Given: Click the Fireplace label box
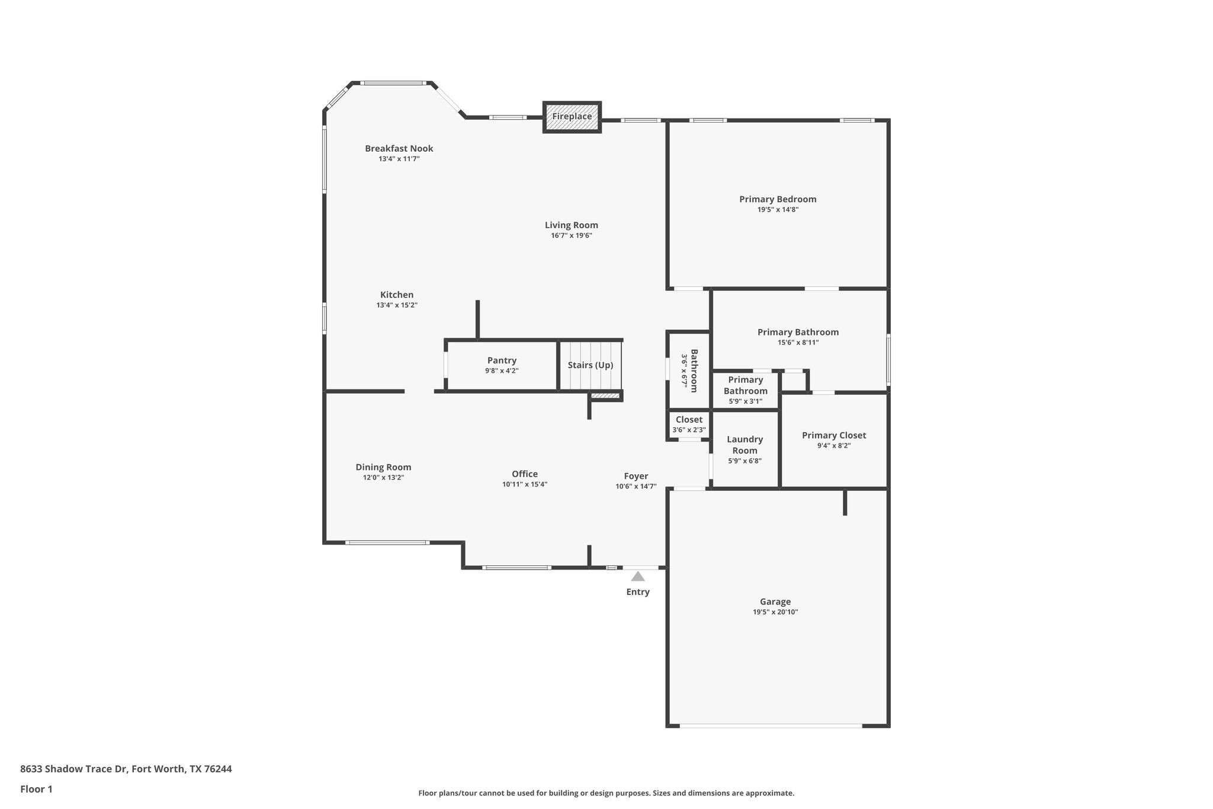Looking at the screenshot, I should tap(572, 117).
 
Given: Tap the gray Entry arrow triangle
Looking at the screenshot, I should tap(637, 576).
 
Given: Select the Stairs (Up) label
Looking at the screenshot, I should tap(590, 365).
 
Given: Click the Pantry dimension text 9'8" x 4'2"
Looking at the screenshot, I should tap(502, 371).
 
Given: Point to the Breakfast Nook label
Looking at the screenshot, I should tap(399, 149).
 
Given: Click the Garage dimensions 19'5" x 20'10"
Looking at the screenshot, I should tap(775, 612).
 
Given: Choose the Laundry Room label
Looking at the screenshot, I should tap(745, 445).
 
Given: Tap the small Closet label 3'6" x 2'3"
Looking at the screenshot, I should tap(689, 424).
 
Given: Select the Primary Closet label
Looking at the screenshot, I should tap(833, 436).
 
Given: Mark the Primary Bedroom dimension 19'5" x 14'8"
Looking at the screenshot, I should tap(778, 210).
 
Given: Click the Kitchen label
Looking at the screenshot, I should tap(397, 295).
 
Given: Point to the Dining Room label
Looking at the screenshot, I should tap(383, 468).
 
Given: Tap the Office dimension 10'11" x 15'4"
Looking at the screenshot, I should tap(525, 485).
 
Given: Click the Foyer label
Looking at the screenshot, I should tap(636, 477).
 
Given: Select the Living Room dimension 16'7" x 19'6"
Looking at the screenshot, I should tap(572, 236).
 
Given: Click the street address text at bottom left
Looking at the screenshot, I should tap(126, 769).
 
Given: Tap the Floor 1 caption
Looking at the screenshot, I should tap(36, 789).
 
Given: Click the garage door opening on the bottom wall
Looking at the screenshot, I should tap(770, 725).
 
